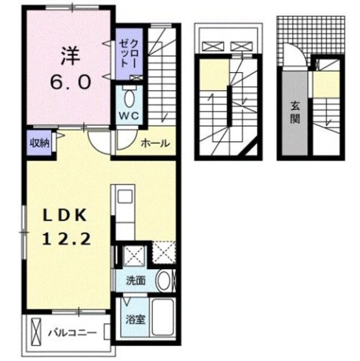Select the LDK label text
[65, 215]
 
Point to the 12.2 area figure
[67, 240]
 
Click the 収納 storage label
[39, 143]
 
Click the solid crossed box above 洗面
[133, 255]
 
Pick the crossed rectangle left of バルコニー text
[37, 331]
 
